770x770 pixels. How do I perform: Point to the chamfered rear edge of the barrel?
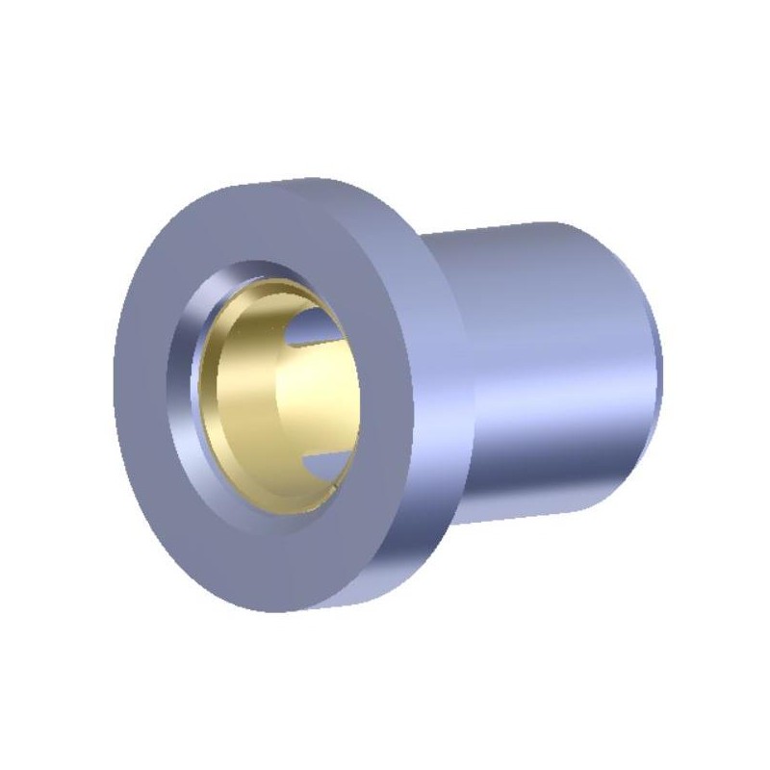[x=650, y=366]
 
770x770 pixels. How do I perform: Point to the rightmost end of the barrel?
[x=661, y=366]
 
